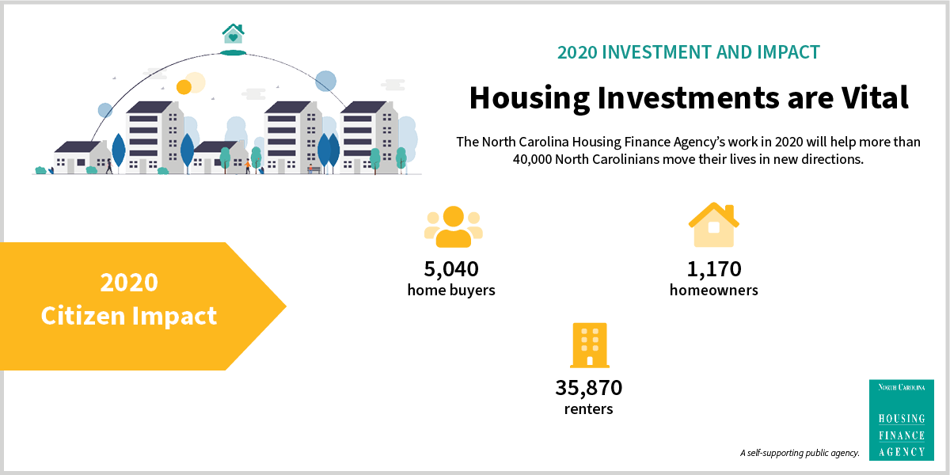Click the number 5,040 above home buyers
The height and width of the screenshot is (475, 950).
[x=451, y=269]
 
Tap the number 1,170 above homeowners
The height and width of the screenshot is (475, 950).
[x=714, y=269]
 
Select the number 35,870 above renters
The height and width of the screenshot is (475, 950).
[x=589, y=388]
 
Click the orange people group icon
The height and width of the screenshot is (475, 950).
[x=454, y=226]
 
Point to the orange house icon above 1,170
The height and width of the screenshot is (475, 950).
[x=714, y=225]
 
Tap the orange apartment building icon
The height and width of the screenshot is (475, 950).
[x=590, y=345]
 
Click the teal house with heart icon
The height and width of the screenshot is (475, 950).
[x=233, y=34]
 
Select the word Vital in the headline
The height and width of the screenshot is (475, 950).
[x=875, y=98]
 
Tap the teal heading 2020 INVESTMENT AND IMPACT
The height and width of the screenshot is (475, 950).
[x=688, y=52]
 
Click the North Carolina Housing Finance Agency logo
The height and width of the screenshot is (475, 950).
[x=901, y=420]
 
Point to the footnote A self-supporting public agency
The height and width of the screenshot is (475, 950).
[x=800, y=453]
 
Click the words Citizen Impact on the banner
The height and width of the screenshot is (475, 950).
[x=129, y=316]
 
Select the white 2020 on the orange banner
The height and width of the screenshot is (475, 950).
[x=129, y=283]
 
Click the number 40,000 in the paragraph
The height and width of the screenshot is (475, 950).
[x=532, y=159]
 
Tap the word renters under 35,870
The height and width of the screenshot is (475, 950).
[x=589, y=409]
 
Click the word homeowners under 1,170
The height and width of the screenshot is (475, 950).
[x=714, y=290]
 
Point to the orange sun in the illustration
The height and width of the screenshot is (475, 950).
[x=184, y=87]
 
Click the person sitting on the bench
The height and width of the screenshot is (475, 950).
[x=310, y=169]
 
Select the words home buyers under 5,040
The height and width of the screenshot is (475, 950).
[x=451, y=291]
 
